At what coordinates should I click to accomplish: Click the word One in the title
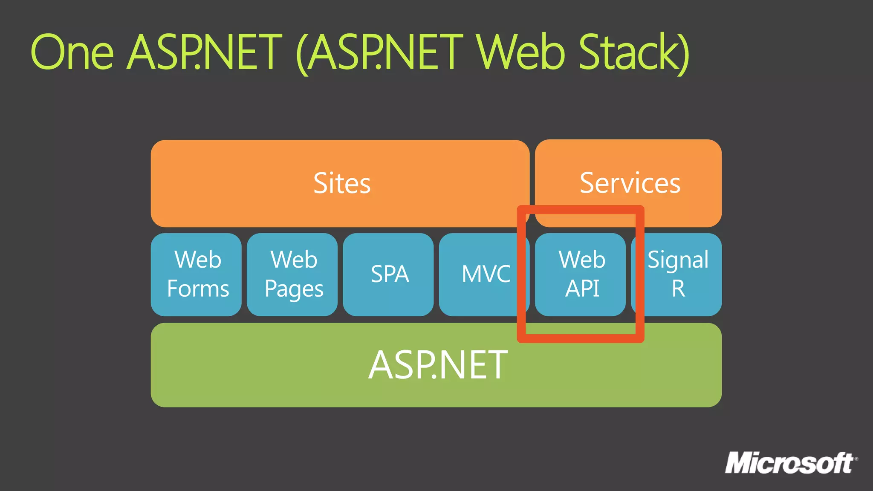coord(72,52)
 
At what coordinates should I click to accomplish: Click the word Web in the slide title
coord(521,52)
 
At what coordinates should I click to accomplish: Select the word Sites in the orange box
coord(342,183)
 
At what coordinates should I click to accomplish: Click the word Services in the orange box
coord(630,183)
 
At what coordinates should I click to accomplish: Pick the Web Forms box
coord(196,274)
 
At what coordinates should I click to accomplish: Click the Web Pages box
coord(292,274)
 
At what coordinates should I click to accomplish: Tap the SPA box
coord(389,274)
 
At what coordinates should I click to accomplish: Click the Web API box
coord(581,274)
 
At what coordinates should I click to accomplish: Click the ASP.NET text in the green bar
coord(437,365)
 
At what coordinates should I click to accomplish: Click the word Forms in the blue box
coord(198,289)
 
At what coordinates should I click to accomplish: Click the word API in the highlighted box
coord(582,289)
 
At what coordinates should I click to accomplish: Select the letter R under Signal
coord(678,289)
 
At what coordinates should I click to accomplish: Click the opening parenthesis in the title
coord(302,53)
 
